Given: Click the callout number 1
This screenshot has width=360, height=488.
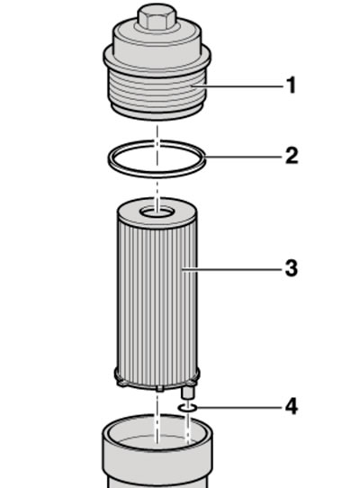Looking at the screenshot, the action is tap(292, 86).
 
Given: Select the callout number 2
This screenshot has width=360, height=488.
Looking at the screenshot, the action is tap(292, 156).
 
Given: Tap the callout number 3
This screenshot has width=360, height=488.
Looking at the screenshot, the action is tap(292, 268).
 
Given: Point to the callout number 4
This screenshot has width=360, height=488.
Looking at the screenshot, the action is tap(292, 406).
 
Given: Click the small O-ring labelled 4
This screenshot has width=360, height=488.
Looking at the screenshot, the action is tap(187, 407).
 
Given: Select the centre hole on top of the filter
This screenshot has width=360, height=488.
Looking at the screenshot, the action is tap(157, 212).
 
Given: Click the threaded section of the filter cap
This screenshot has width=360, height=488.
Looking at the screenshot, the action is tap(157, 92).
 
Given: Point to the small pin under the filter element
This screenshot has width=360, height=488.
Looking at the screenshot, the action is tap(187, 393).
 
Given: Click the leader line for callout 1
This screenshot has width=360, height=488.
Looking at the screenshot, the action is tap(238, 86).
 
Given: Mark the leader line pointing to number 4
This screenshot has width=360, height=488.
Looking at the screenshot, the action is tap(239, 407).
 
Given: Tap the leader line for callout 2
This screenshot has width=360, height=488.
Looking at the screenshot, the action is tap(244, 157).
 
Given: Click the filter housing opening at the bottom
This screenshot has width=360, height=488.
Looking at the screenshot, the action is tap(157, 431).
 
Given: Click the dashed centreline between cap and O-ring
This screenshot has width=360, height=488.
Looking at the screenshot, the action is tap(157, 132).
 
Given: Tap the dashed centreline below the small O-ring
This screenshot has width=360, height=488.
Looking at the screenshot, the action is tap(187, 427).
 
